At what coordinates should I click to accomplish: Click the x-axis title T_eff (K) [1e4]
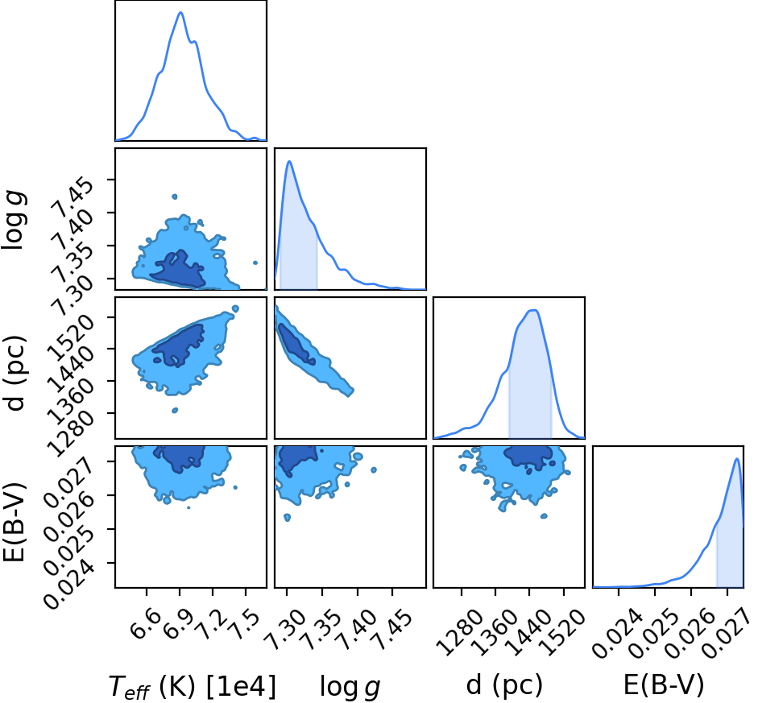click(x=193, y=685)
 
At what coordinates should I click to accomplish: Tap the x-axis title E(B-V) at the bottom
click(x=664, y=684)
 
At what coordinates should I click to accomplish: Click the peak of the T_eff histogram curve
click(x=180, y=13)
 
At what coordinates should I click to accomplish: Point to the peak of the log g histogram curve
click(x=289, y=161)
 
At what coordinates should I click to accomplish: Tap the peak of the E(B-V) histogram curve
click(x=736, y=459)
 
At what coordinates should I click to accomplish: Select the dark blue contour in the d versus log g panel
click(x=296, y=344)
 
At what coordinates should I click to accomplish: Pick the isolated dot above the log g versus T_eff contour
click(x=175, y=196)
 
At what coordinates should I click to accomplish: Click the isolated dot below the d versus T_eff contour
click(x=175, y=410)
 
